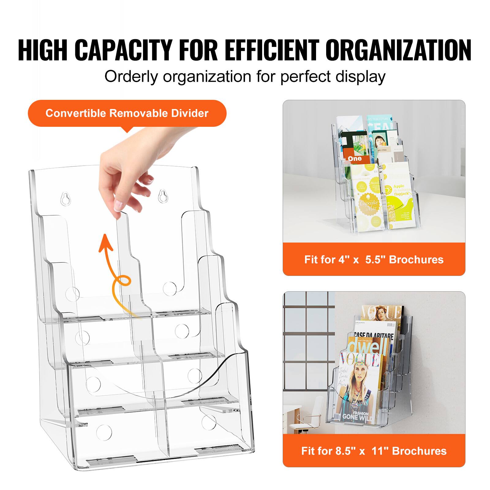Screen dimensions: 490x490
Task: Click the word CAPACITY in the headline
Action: [123, 50]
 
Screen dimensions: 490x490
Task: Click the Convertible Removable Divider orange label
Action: [127, 113]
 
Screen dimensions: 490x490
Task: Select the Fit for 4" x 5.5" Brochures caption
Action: [374, 259]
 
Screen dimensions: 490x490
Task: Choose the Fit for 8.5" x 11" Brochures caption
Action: [374, 451]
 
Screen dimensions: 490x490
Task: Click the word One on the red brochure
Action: [355, 158]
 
